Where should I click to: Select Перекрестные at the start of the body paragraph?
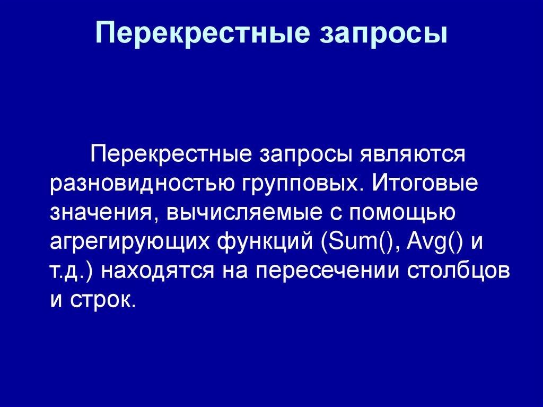171,155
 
